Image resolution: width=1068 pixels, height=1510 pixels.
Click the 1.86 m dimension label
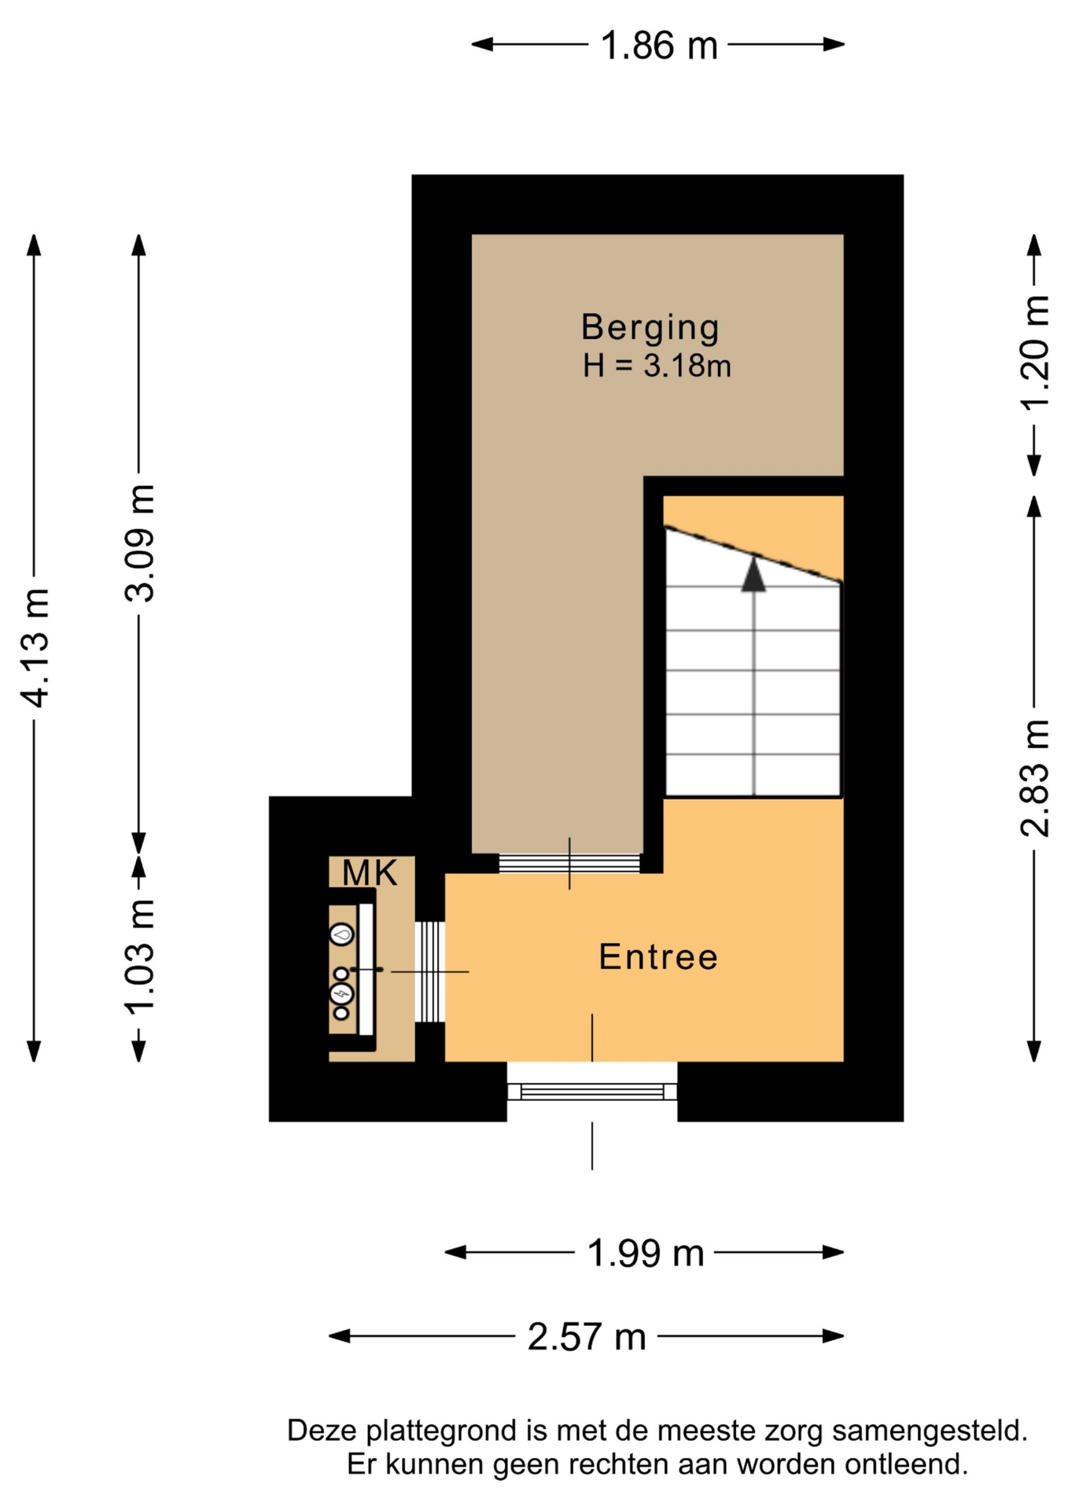tap(659, 45)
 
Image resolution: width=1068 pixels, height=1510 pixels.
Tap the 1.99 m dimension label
tap(646, 1253)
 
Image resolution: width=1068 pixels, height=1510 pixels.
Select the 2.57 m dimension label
tap(587, 1336)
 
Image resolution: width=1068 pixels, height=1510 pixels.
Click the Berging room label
tap(650, 328)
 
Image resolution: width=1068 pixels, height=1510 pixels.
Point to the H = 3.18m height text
tap(657, 366)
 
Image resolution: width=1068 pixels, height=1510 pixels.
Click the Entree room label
tap(659, 957)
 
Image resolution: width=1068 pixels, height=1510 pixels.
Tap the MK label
tap(370, 873)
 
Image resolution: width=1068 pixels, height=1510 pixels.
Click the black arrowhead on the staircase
tap(754, 573)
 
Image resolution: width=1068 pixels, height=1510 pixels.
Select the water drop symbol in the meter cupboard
tap(341, 934)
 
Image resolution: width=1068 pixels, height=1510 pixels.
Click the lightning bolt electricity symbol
tap(341, 994)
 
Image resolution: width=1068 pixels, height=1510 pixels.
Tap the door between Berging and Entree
tap(570, 864)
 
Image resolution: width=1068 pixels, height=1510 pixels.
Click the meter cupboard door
tap(430, 972)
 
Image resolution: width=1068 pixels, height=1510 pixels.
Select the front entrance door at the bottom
tap(592, 1092)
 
